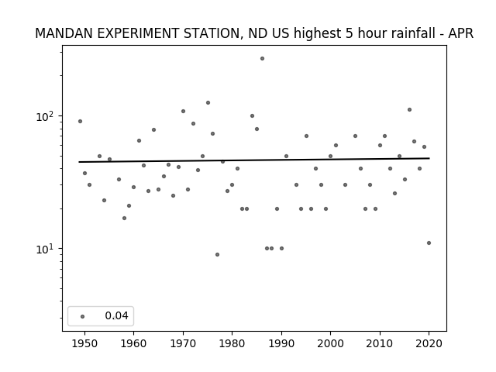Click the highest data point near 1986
coord(262,59)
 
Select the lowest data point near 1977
coord(217,255)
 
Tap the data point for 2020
coord(429,243)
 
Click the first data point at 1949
coord(80,121)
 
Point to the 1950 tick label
coord(84,343)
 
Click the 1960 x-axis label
coord(133,343)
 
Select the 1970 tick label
coord(183,343)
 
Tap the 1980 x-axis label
coord(232,343)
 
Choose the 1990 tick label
coord(281,343)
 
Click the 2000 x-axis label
coord(330,343)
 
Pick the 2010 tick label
coord(380,343)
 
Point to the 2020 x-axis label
coord(429,343)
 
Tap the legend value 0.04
coord(116,315)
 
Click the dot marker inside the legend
coord(83,316)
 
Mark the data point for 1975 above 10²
coord(208,103)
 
